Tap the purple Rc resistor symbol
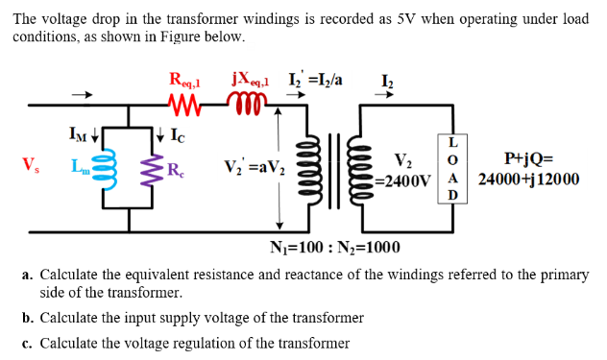click(152, 173)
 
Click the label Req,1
click(185, 80)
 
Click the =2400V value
click(405, 180)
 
